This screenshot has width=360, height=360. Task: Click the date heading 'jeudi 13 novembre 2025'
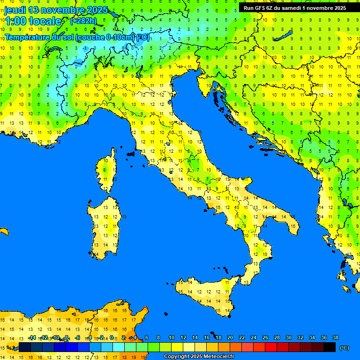(x=56, y=10)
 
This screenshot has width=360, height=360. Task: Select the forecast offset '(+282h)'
(x=83, y=21)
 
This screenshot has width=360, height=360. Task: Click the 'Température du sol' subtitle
(x=77, y=37)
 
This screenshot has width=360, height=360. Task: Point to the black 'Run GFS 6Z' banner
(x=294, y=7)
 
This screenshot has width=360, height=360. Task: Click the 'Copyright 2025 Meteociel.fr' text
(x=199, y=357)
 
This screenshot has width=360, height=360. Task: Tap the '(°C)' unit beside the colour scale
(x=344, y=348)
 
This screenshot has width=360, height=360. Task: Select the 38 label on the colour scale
(x=335, y=337)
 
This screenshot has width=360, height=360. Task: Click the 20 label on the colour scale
(x=230, y=337)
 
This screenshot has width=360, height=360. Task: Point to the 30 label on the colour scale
(x=288, y=337)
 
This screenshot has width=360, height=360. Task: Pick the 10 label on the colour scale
(x=171, y=337)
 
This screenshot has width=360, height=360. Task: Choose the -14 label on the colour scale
(x=32, y=337)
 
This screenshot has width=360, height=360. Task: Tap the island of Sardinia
(x=105, y=225)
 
